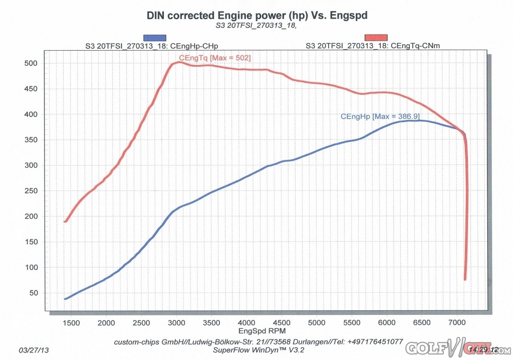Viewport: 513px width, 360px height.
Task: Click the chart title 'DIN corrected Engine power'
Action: (x=256, y=16)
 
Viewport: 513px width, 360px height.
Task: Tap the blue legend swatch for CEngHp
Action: (x=155, y=38)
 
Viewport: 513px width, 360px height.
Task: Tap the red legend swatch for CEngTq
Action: (x=376, y=38)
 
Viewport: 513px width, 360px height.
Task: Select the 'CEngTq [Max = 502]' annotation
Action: (x=215, y=58)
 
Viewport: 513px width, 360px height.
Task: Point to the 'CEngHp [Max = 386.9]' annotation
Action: (x=380, y=116)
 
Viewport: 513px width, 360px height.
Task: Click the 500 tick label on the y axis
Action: (x=32, y=64)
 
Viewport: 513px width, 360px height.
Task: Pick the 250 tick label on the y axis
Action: (x=32, y=191)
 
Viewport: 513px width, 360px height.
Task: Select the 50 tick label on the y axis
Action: (x=34, y=293)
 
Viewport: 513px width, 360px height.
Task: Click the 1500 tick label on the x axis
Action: (x=72, y=323)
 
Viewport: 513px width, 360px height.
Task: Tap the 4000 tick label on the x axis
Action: (x=246, y=323)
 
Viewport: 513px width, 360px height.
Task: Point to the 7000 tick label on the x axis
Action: (x=457, y=323)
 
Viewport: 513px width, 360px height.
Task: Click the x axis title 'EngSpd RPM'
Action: (x=256, y=332)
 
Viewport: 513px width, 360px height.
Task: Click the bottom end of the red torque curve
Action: (x=465, y=279)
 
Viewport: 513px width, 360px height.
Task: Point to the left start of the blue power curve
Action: (x=65, y=299)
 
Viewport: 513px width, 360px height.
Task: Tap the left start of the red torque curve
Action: (x=65, y=221)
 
